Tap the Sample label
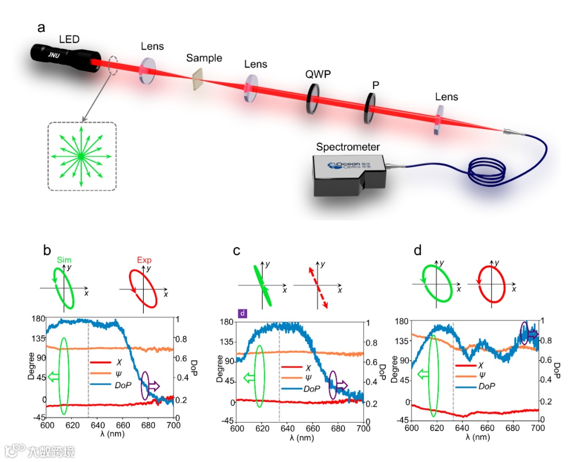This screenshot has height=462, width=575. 204,58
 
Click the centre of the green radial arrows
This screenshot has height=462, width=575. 80,156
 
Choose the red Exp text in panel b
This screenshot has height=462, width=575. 144,260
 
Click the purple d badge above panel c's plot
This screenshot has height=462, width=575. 242,313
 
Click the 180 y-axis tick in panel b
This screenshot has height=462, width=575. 36,319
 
